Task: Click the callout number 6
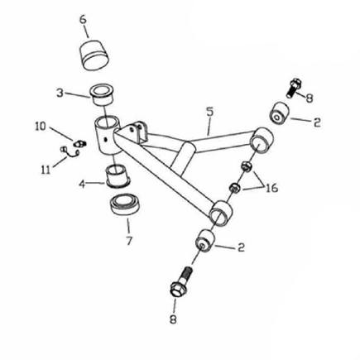pyautogui.click(x=83, y=20)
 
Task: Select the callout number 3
pyautogui.click(x=60, y=93)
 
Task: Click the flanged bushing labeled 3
pyautogui.click(x=103, y=95)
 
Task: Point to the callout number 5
pyautogui.click(x=209, y=112)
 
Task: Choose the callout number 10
pyautogui.click(x=41, y=127)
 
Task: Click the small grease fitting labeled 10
pyautogui.click(x=79, y=143)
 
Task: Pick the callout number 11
pyautogui.click(x=46, y=170)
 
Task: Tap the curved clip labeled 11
pyautogui.click(x=70, y=152)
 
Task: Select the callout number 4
pyautogui.click(x=82, y=185)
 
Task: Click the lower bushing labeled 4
pyautogui.click(x=118, y=177)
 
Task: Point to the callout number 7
pyautogui.click(x=129, y=241)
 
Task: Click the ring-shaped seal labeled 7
pyautogui.click(x=126, y=205)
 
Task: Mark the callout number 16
pyautogui.click(x=271, y=188)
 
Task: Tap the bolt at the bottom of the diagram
pyautogui.click(x=182, y=281)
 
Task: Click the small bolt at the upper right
pyautogui.click(x=294, y=88)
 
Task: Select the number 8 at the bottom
pyautogui.click(x=173, y=319)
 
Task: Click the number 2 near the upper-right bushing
pyautogui.click(x=317, y=122)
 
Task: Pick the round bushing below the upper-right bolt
pyautogui.click(x=279, y=113)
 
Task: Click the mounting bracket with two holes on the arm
pyautogui.click(x=136, y=132)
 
